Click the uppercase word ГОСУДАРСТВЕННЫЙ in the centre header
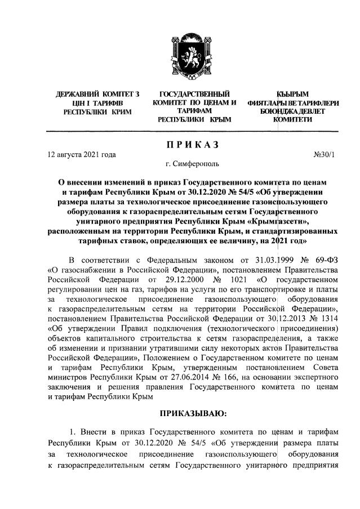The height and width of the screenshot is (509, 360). pos(194,93)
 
